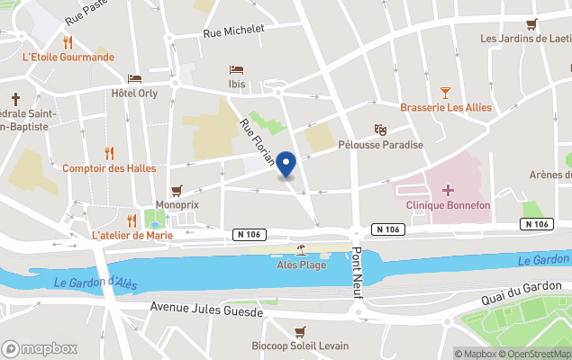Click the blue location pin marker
click(x=286, y=165)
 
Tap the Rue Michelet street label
click(x=233, y=31)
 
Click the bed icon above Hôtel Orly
click(x=134, y=79)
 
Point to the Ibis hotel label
click(x=236, y=83)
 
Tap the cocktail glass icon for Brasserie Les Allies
click(x=445, y=93)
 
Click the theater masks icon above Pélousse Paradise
click(x=380, y=130)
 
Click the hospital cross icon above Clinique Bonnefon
click(x=447, y=190)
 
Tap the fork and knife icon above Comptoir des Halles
click(x=109, y=153)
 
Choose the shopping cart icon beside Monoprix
click(x=177, y=190)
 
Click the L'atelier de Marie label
click(x=132, y=235)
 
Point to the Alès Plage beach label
click(x=301, y=265)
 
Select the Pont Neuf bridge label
click(x=357, y=266)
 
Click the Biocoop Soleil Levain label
click(x=300, y=346)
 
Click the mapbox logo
click(x=40, y=348)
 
